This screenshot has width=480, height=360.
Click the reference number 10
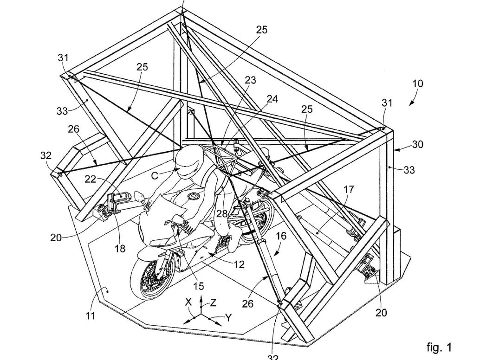pyautogui.click(x=417, y=84)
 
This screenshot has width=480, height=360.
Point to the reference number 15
pyautogui.click(x=199, y=286)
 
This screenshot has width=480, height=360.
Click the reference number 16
pyautogui.click(x=281, y=236)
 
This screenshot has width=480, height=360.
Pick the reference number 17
pyautogui.click(x=349, y=189)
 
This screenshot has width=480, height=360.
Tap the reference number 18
pyautogui.click(x=120, y=249)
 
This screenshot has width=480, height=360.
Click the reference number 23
pyautogui.click(x=250, y=80)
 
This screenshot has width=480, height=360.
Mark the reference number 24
pyautogui.click(x=272, y=99)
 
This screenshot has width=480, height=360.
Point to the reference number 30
pyautogui.click(x=417, y=144)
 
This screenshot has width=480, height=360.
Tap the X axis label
pyautogui.click(x=188, y=302)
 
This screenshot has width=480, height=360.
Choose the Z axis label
pyautogui.click(x=213, y=303)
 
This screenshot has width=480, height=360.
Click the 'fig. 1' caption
pyautogui.click(x=438, y=347)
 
